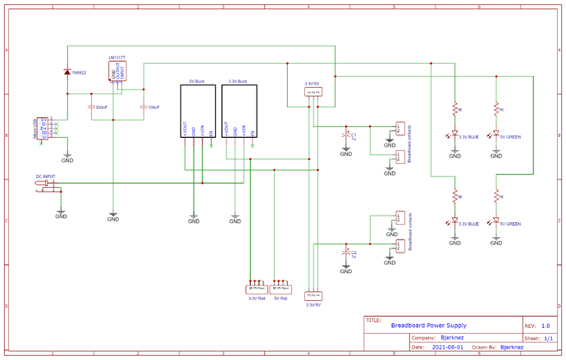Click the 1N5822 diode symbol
tap(66, 72)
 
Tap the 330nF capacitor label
tap(101, 107)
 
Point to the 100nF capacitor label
tap(153, 107)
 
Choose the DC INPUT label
tap(45, 176)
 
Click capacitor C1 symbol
tap(346, 134)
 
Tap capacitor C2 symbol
tap(346, 253)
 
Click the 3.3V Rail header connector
tap(257, 289)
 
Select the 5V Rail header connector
tap(281, 289)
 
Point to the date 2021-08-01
tap(447, 347)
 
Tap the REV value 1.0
tap(545, 326)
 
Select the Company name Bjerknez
tap(453, 337)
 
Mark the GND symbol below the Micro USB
tap(67, 158)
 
